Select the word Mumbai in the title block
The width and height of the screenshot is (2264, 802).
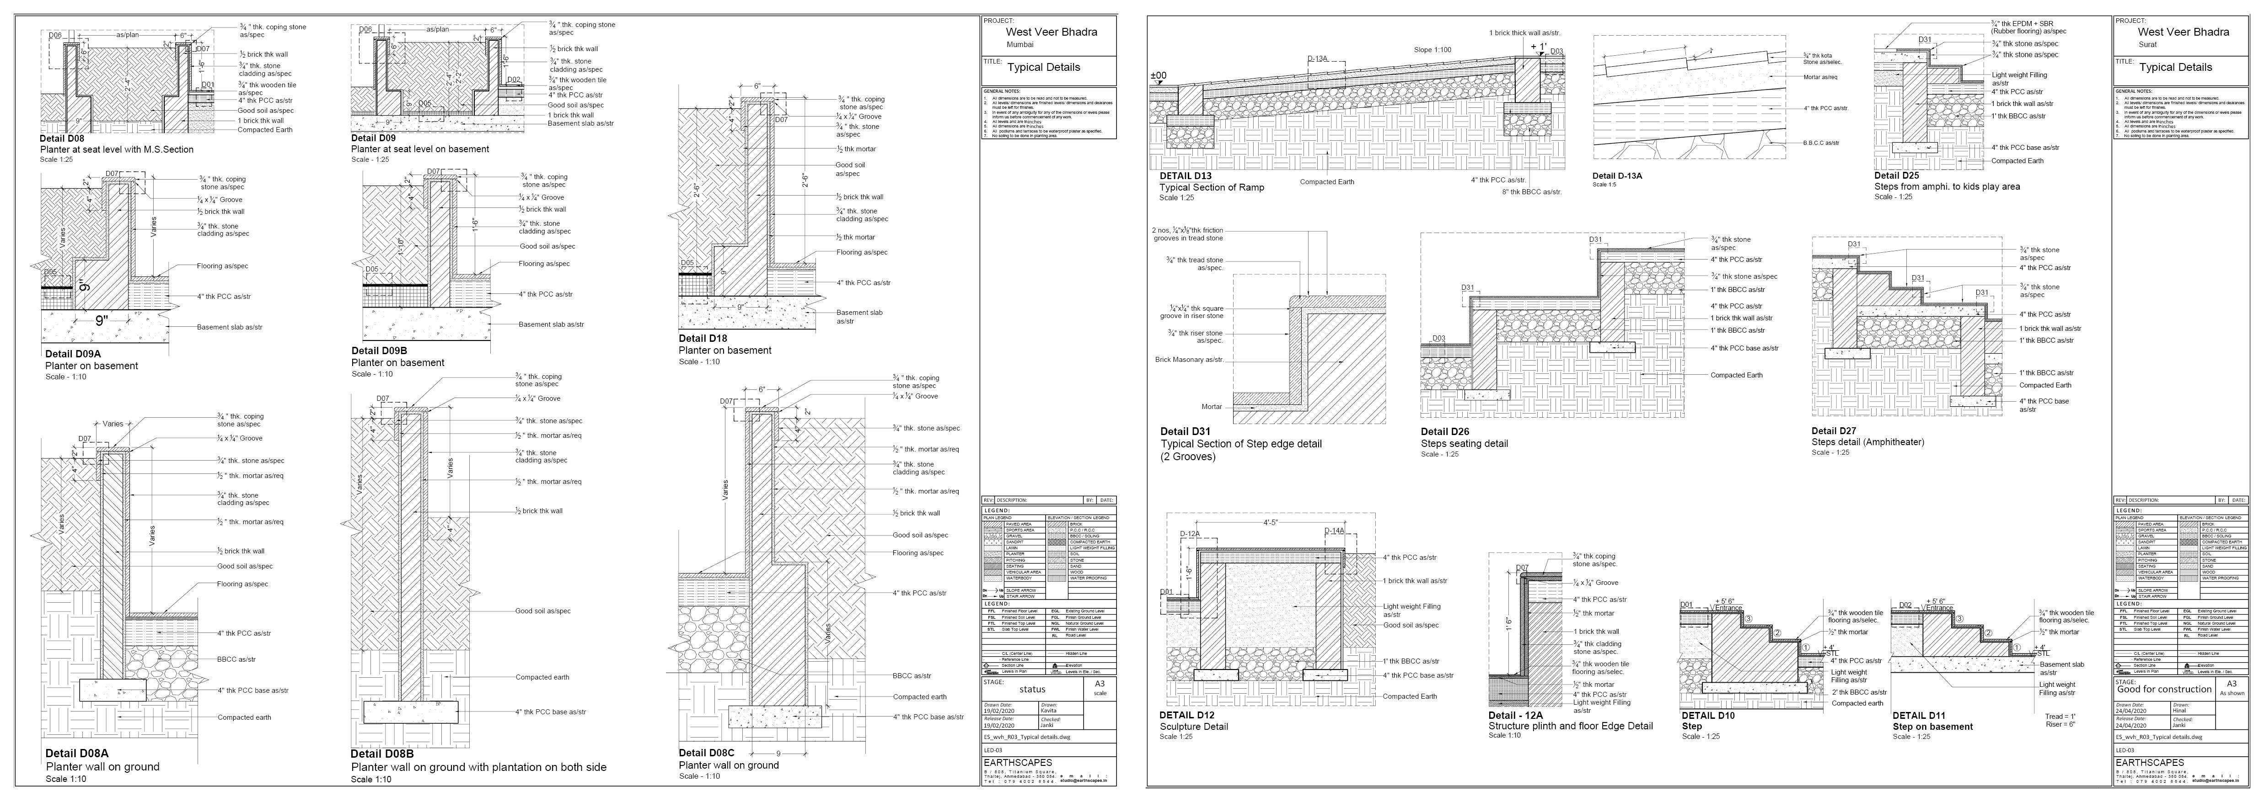pos(1020,44)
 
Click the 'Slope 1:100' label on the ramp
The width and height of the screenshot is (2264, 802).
pos(1432,50)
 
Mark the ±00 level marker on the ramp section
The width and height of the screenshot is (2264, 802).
pos(1159,75)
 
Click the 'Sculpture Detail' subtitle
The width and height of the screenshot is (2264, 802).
pos(1194,727)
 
